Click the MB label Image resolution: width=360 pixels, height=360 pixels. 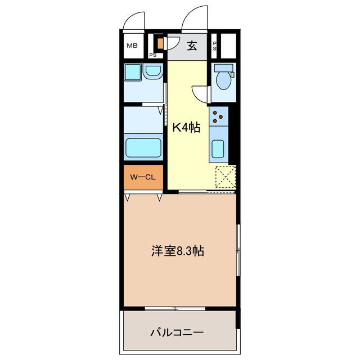click(x=132, y=46)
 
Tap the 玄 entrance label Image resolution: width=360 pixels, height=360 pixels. click(x=192, y=46)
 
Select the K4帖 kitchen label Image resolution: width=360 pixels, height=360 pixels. click(x=186, y=128)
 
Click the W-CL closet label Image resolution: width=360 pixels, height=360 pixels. click(x=143, y=178)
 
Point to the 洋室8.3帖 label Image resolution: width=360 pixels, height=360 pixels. click(x=177, y=251)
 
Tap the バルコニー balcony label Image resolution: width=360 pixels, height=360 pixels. click(x=177, y=332)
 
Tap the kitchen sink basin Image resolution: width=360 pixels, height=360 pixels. click(x=218, y=150)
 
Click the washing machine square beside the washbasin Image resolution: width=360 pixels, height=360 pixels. click(x=133, y=73)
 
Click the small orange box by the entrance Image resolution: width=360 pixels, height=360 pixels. click(x=160, y=43)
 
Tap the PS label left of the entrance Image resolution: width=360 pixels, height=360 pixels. click(x=152, y=55)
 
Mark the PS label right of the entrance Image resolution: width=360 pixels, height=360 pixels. click(x=215, y=46)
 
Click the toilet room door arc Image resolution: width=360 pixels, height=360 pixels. click(x=200, y=93)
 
